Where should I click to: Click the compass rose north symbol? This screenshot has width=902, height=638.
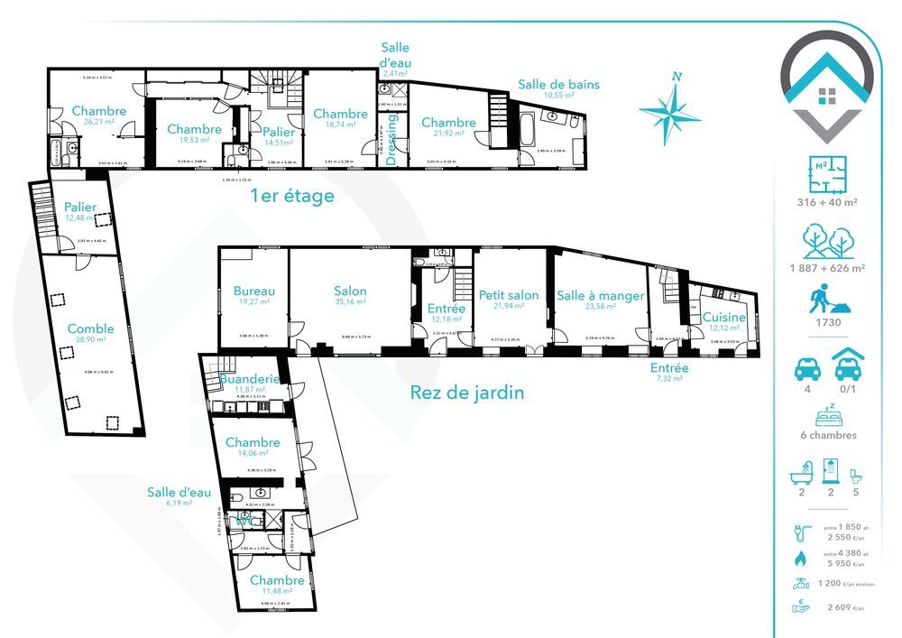pyautogui.click(x=669, y=107)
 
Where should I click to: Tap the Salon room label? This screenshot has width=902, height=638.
pyautogui.click(x=350, y=291)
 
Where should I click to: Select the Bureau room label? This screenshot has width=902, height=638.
pyautogui.click(x=253, y=291)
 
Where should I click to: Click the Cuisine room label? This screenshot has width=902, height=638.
pyautogui.click(x=723, y=318)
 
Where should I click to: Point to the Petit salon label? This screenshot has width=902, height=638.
pyautogui.click(x=509, y=294)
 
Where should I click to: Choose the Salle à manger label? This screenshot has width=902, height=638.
pyautogui.click(x=600, y=295)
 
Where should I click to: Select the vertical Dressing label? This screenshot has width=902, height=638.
pyautogui.click(x=392, y=140)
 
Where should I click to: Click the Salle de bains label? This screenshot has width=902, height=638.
pyautogui.click(x=558, y=85)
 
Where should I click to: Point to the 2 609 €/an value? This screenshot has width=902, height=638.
pyautogui.click(x=843, y=607)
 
